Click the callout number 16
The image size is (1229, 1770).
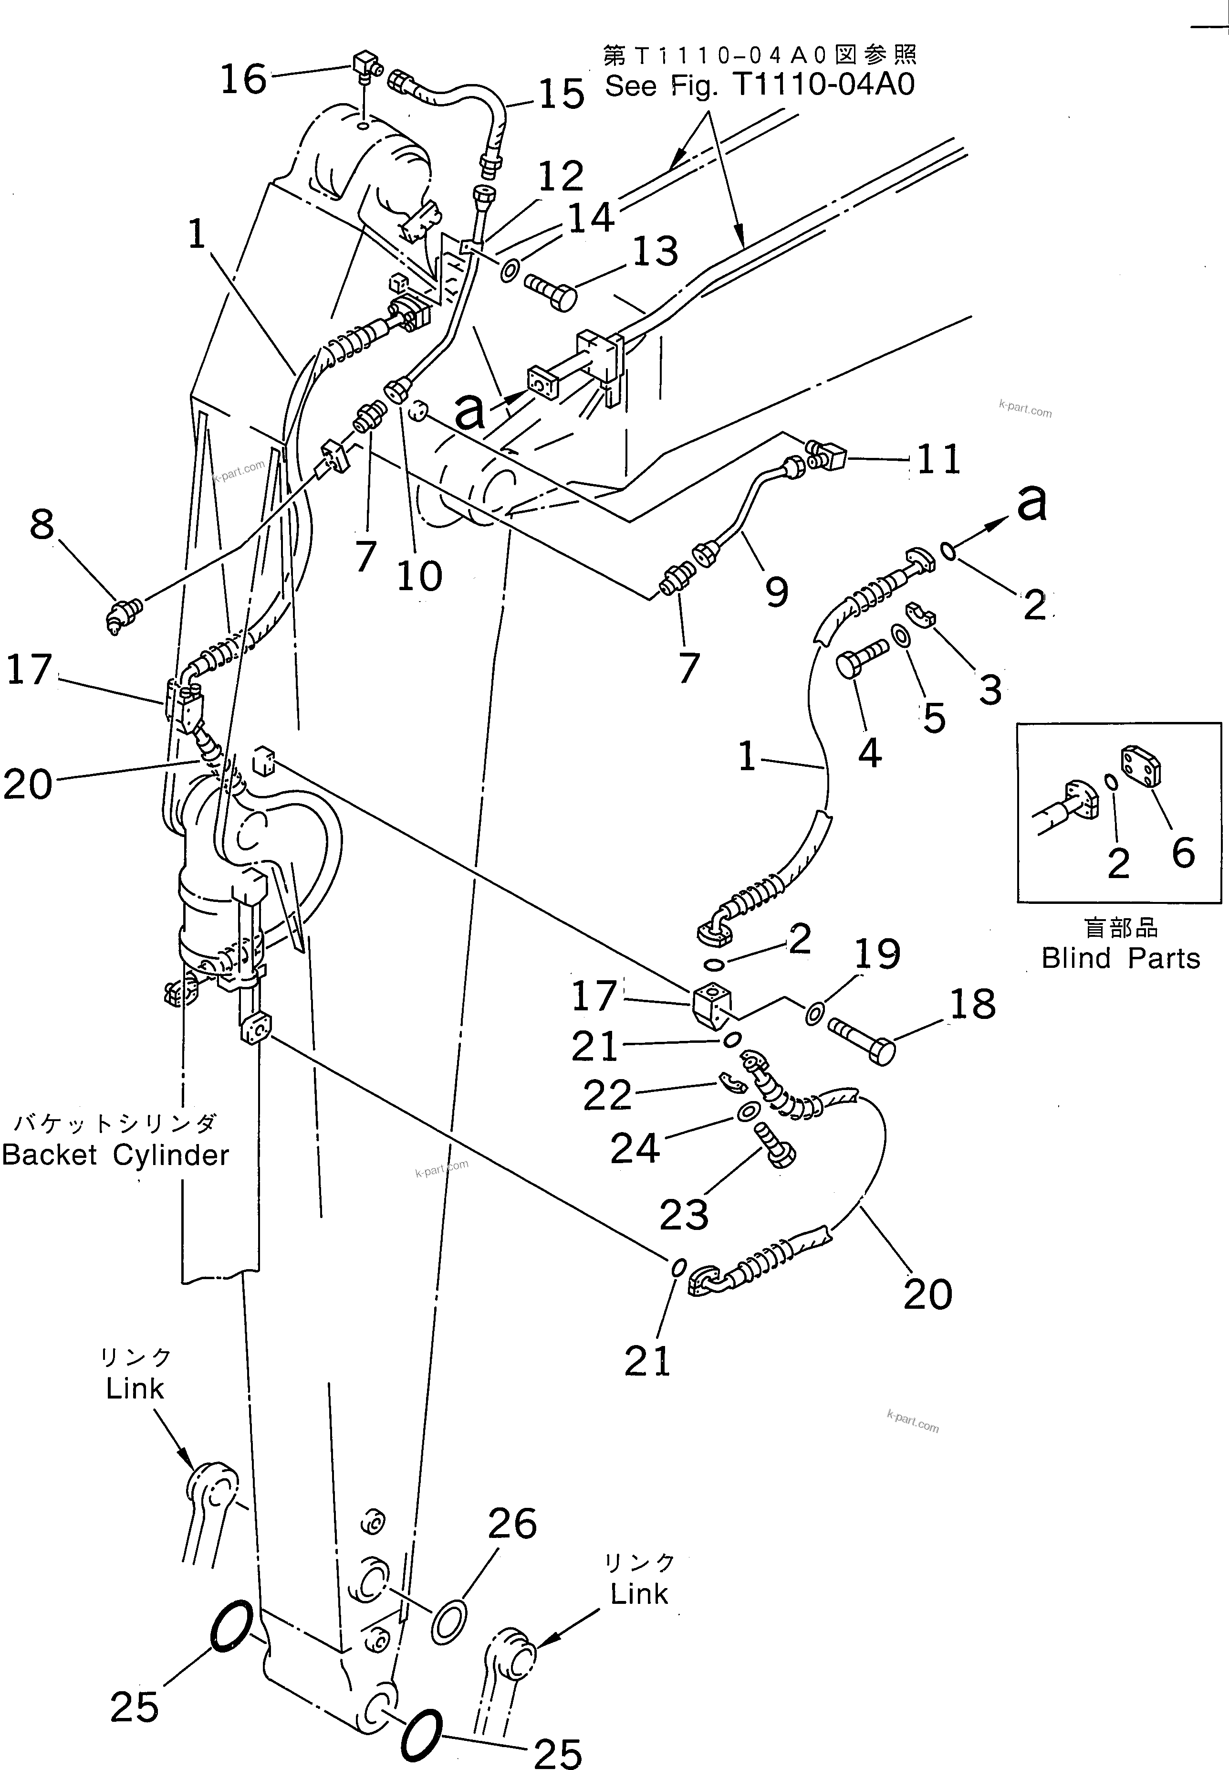[243, 79]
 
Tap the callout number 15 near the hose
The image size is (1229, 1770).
[561, 95]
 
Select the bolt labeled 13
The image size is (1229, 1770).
[551, 292]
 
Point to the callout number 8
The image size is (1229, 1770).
[42, 526]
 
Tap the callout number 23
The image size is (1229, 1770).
[684, 1215]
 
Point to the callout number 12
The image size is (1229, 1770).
[561, 177]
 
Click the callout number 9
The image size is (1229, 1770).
[776, 592]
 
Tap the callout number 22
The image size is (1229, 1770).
[607, 1095]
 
